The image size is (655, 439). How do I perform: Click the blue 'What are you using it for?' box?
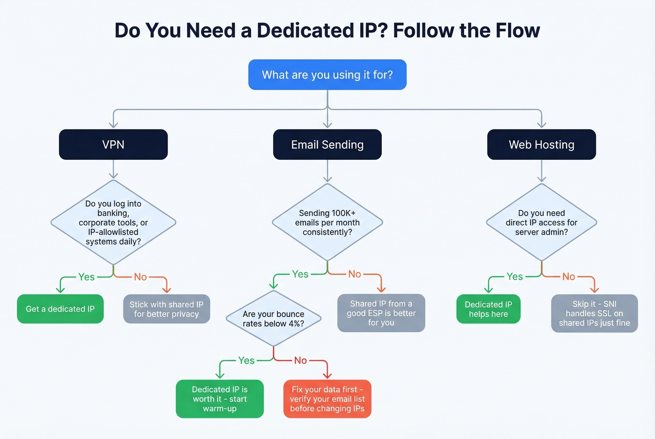click(327, 75)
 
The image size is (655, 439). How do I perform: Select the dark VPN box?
click(113, 144)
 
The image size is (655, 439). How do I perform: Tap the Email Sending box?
click(327, 144)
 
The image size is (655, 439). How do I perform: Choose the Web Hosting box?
click(541, 144)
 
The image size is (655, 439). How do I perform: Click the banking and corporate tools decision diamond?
click(113, 223)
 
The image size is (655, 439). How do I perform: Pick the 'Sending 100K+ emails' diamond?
click(327, 223)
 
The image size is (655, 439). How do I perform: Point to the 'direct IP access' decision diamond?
click(541, 223)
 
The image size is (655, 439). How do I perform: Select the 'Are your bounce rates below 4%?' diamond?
click(273, 319)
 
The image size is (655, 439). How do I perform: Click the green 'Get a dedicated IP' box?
click(60, 309)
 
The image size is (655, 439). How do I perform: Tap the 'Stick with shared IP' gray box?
click(166, 309)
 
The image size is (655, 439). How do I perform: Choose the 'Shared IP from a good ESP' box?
click(381, 313)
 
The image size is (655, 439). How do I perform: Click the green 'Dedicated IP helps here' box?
click(488, 309)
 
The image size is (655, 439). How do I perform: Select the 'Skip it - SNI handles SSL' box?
click(594, 313)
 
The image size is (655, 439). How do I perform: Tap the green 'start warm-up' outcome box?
click(219, 399)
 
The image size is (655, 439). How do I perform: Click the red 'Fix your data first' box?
click(327, 399)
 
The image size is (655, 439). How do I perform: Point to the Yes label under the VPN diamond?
click(86, 277)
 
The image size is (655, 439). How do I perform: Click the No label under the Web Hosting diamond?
click(568, 277)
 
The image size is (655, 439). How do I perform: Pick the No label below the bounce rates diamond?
click(300, 360)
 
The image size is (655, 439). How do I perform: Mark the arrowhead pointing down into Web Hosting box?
click(541, 125)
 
